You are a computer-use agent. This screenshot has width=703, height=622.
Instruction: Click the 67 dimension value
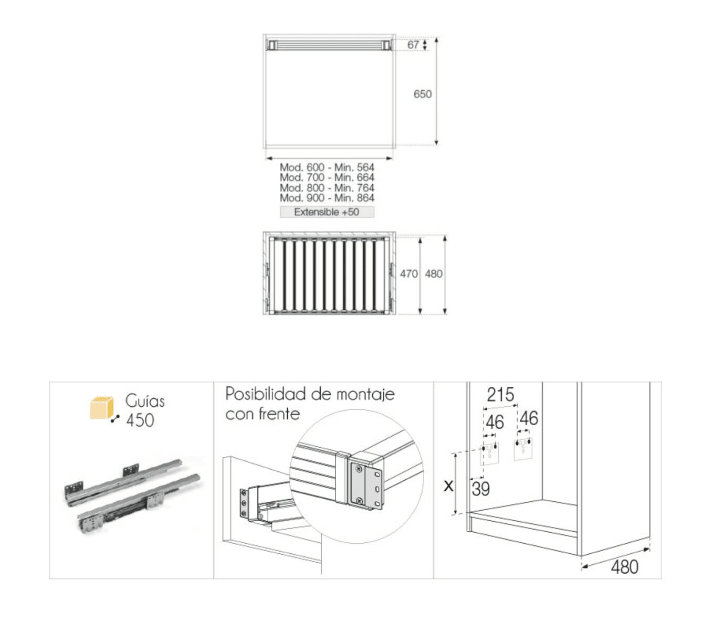[x=413, y=45]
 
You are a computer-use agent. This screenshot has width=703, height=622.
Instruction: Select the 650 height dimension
[x=422, y=94]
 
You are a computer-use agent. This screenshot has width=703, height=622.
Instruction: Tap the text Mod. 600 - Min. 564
[x=327, y=167]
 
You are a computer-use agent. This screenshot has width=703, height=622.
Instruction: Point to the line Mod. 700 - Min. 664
[x=327, y=177]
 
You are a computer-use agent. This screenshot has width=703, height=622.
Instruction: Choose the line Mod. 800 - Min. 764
[x=327, y=188]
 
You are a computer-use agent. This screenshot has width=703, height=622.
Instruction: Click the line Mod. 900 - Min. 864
[x=327, y=198]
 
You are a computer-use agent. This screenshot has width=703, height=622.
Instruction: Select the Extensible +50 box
[x=327, y=212]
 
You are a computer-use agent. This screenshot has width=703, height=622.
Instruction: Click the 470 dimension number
[x=409, y=273]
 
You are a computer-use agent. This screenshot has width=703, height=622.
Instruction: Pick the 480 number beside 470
[x=433, y=273]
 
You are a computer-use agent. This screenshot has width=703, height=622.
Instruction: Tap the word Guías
[x=145, y=401]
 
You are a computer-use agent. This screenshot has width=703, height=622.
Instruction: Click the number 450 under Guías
[x=140, y=420]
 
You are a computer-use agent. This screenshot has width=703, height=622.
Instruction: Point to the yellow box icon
[x=102, y=408]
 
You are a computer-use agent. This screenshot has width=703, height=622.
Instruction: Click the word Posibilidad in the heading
[x=266, y=394]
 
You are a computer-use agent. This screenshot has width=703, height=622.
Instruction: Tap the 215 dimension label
[x=500, y=394]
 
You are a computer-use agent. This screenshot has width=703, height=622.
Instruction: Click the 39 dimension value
[x=480, y=489]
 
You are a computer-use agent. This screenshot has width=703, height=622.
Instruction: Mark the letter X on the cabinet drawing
[x=448, y=486]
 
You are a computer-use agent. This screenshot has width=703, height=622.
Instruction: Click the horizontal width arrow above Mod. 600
[x=329, y=159]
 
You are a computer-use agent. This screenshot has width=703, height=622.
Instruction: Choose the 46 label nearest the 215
[x=495, y=422]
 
